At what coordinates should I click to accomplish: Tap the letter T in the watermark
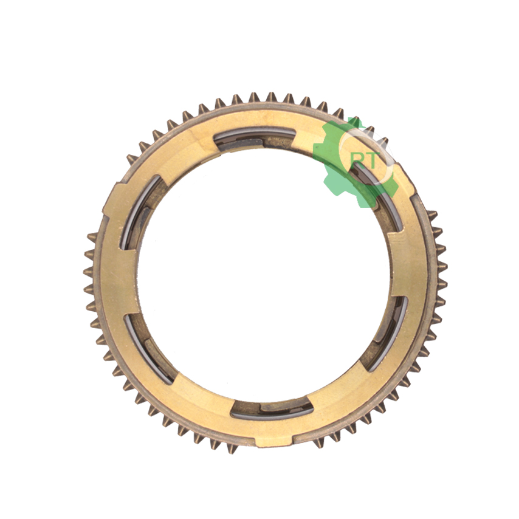369,161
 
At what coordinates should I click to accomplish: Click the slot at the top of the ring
255,140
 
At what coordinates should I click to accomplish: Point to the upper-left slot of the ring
140,212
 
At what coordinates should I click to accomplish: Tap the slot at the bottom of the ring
272,409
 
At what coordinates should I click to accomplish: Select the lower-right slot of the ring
386,334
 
